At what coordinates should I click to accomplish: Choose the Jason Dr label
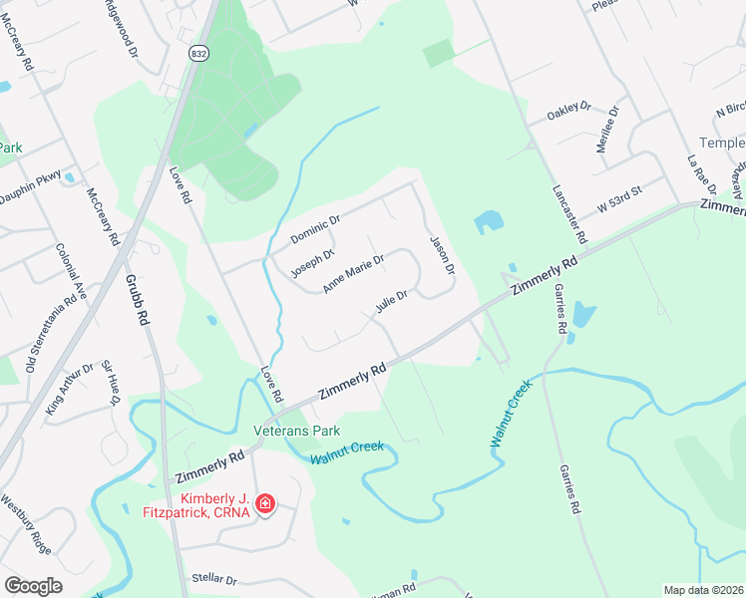click(442, 255)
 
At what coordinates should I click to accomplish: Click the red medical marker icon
click(265, 503)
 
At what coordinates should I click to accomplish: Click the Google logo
click(33, 586)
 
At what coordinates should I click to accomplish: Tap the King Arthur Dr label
click(70, 389)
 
